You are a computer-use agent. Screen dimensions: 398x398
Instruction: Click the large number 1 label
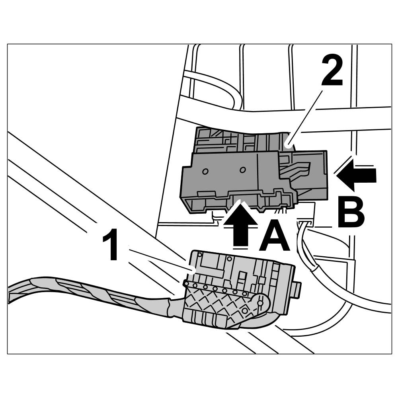coord(111,244)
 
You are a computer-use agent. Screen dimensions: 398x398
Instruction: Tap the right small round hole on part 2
coord(242,170)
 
